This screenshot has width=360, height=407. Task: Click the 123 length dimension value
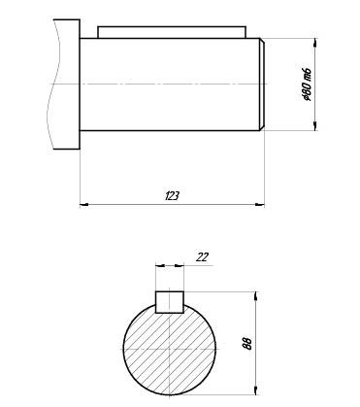coord(172,196)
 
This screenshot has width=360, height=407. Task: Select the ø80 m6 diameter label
coord(306,85)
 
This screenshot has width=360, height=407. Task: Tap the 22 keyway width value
coord(202,257)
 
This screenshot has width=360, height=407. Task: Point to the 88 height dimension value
coord(247,344)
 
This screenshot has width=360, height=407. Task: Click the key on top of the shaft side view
coord(172,32)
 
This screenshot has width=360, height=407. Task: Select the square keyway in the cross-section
coord(170,302)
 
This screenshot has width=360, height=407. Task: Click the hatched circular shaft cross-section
coord(170,350)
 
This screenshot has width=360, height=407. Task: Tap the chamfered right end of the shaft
coord(262,85)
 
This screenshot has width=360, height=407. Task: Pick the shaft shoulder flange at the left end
coord(67,85)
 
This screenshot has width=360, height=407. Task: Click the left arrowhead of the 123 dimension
coord(83,204)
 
